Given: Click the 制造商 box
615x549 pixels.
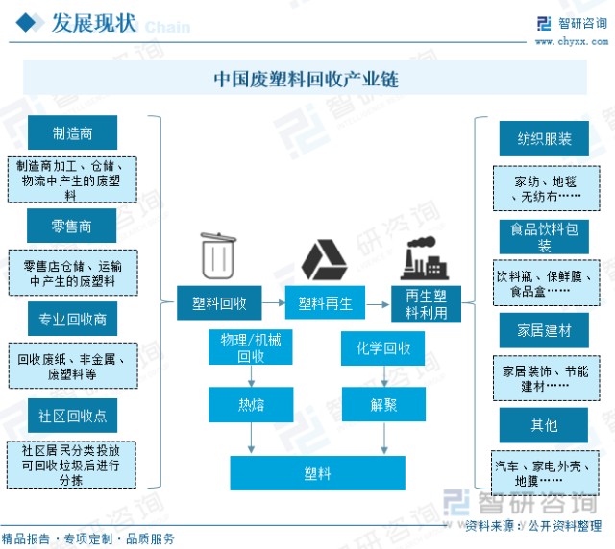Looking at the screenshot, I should coord(72,133).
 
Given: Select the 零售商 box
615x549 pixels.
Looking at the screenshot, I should coord(72,227).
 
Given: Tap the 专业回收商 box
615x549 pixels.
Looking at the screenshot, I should coord(72,319).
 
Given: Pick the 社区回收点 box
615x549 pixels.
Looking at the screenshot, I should coord(72,416).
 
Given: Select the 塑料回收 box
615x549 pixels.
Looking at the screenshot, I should coord(220,304).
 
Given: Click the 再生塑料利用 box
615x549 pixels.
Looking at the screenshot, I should coord(426,304).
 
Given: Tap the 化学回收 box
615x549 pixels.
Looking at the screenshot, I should coord(383,348).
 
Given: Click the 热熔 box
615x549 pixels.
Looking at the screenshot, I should coord(251,404).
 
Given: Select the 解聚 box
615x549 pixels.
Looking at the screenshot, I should coord(383,404).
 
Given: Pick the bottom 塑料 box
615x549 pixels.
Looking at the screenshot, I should coord(317,472).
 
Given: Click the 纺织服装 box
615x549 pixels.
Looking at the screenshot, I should coord(544,138).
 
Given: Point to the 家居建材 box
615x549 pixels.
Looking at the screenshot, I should coord(544,330).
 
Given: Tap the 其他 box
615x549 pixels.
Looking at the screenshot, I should coord(544,424).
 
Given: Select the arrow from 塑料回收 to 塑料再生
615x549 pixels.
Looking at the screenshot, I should coord(274,304).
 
